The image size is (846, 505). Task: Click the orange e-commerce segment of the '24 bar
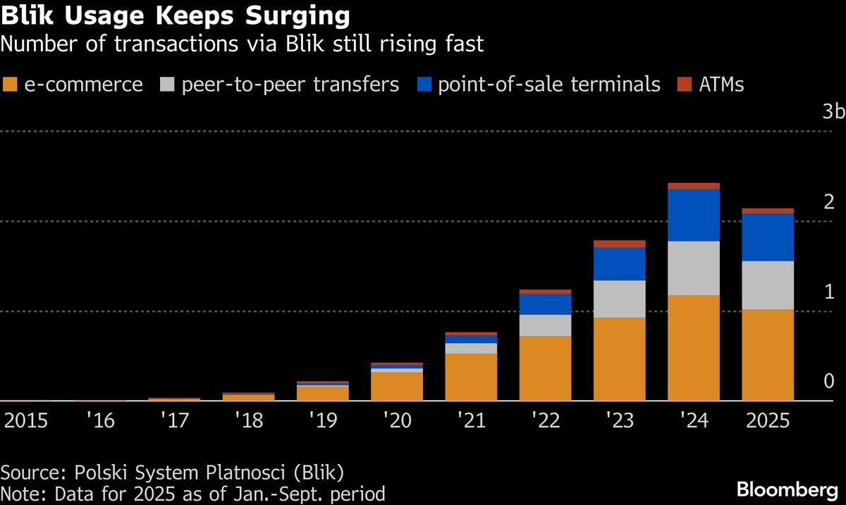[694, 347]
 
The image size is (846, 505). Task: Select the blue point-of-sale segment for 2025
[768, 237]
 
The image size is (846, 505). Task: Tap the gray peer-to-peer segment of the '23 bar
[620, 299]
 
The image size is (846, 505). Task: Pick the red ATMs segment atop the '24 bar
[694, 186]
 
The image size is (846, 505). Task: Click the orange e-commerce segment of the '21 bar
[471, 377]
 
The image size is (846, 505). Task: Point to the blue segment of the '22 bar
[545, 304]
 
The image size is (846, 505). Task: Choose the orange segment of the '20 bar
[397, 386]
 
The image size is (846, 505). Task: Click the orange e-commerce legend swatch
[11, 85]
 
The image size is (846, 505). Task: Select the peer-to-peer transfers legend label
[290, 85]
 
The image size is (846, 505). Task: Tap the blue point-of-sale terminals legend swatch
[424, 85]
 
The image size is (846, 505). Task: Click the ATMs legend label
[721, 85]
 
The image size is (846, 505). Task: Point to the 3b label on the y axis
[833, 113]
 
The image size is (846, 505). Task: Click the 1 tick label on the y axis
[828, 292]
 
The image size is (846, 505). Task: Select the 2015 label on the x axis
[26, 420]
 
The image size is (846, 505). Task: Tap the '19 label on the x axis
[322, 420]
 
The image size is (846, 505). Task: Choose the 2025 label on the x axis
[768, 420]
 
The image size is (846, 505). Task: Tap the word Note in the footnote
[20, 493]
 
